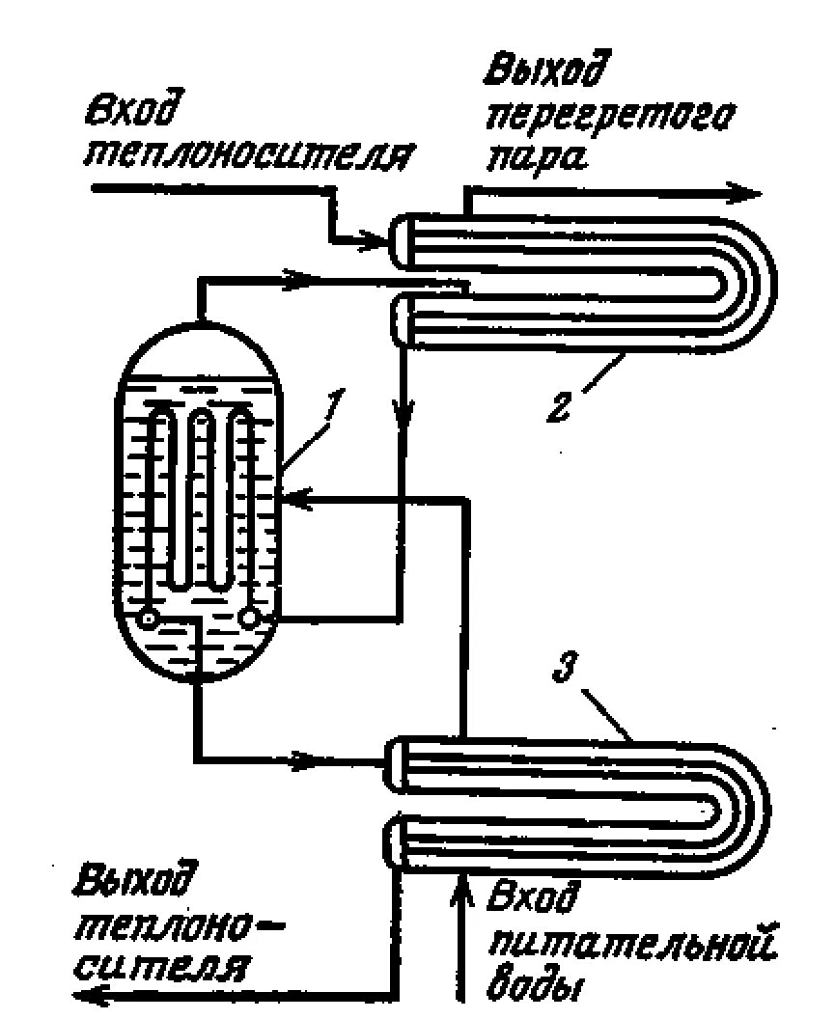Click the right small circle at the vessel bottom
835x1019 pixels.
(x=252, y=615)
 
